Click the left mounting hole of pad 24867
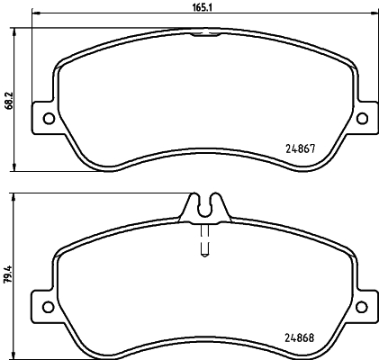click(x=47, y=120)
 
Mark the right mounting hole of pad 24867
click(x=363, y=120)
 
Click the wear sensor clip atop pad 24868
click(x=204, y=207)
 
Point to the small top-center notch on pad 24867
click(x=205, y=35)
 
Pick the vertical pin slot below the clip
click(x=204, y=241)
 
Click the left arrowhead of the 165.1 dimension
click(x=35, y=14)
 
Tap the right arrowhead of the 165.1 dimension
click(x=374, y=14)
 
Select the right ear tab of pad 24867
click(x=363, y=118)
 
